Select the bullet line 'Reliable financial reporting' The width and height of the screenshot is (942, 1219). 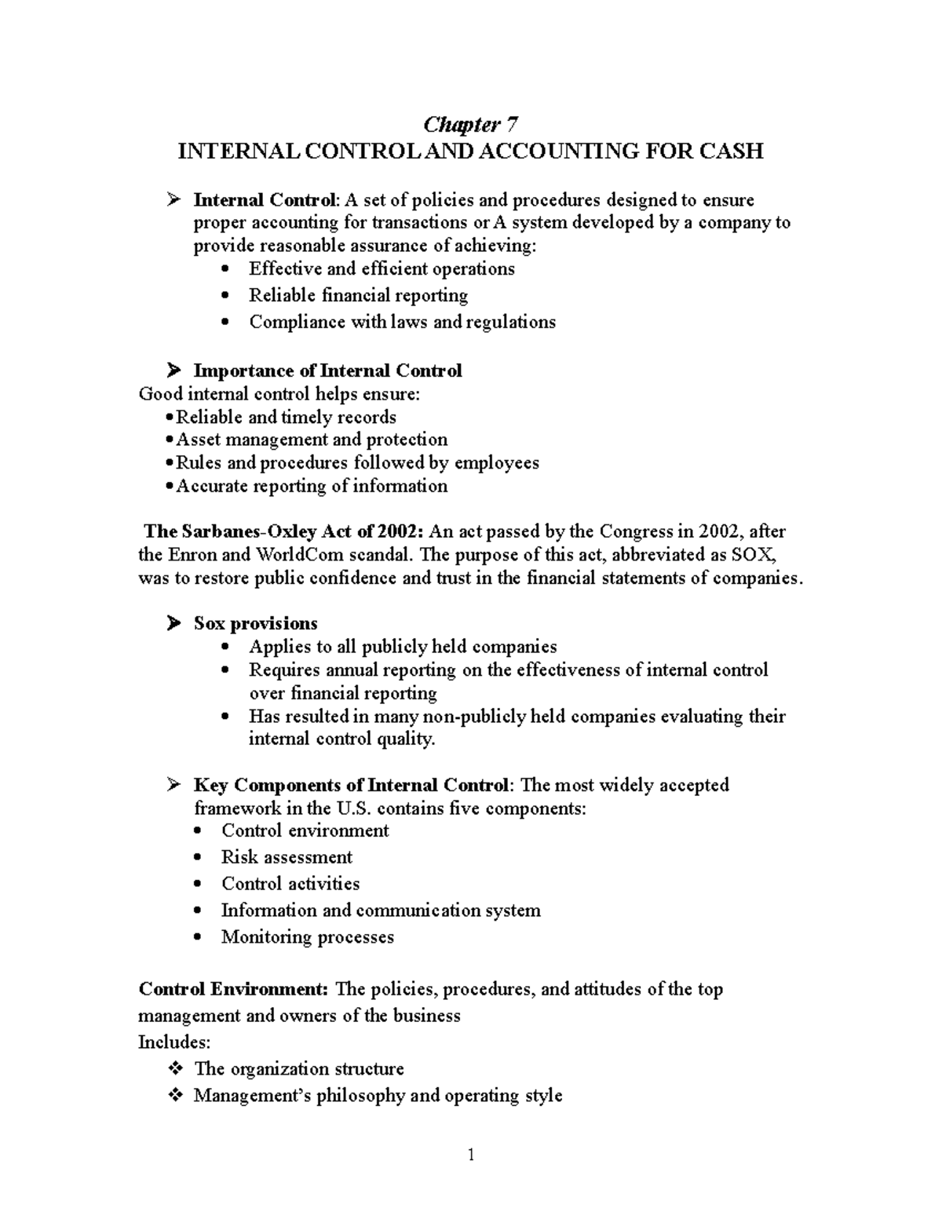click(x=358, y=295)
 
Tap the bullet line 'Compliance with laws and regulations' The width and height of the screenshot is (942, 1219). click(x=402, y=322)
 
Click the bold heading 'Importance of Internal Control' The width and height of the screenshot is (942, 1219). click(x=327, y=370)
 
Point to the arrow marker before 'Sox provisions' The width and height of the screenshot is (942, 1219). click(x=173, y=623)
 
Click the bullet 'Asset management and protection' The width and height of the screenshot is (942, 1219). click(x=312, y=440)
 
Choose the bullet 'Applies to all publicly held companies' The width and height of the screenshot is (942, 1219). click(x=403, y=647)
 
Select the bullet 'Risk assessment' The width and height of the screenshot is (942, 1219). click(x=287, y=857)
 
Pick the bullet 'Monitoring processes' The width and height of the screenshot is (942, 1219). click(x=307, y=937)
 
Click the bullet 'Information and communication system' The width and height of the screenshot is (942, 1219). click(x=381, y=911)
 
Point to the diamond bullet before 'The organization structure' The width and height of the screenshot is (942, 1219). click(x=174, y=1068)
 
